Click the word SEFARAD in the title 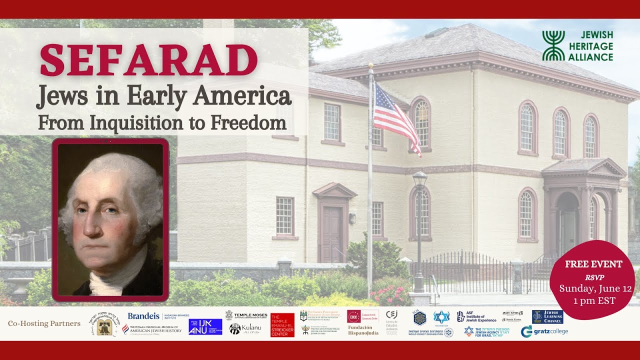(x=148, y=60)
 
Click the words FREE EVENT (x=593, y=264)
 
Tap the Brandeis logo (x=143, y=316)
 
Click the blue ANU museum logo (x=205, y=327)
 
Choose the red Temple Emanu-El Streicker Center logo (x=282, y=325)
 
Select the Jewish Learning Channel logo (x=547, y=316)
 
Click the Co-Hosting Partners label (x=44, y=323)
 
